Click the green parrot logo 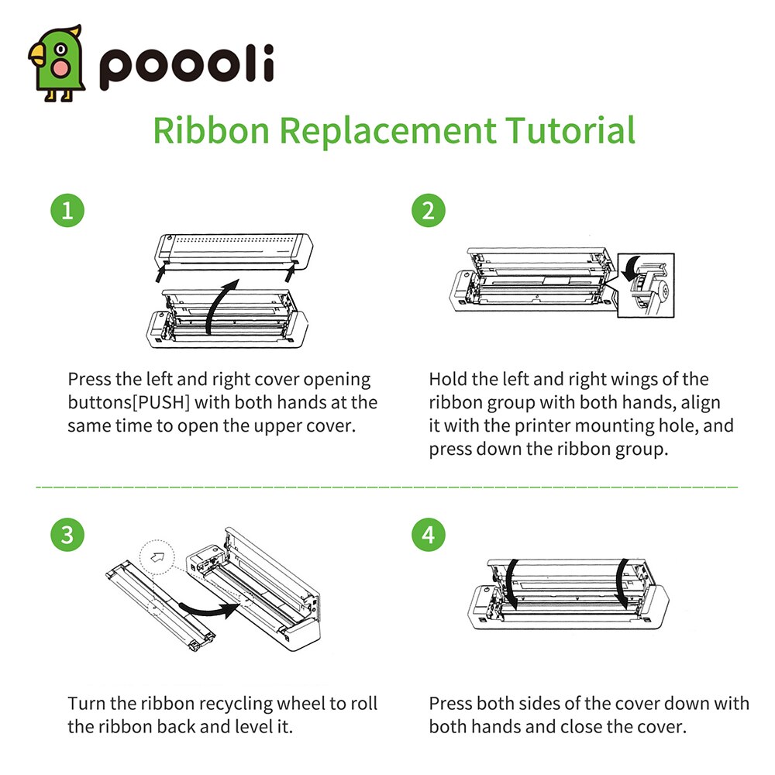click(55, 62)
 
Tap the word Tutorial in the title click(570, 129)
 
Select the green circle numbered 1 click(67, 211)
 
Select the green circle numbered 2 click(429, 211)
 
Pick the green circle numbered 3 click(67, 534)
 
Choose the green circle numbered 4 click(429, 534)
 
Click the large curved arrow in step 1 click(225, 302)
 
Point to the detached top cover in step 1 click(232, 250)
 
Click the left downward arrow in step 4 click(509, 585)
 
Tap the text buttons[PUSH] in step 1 click(129, 403)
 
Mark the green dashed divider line click(387, 487)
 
